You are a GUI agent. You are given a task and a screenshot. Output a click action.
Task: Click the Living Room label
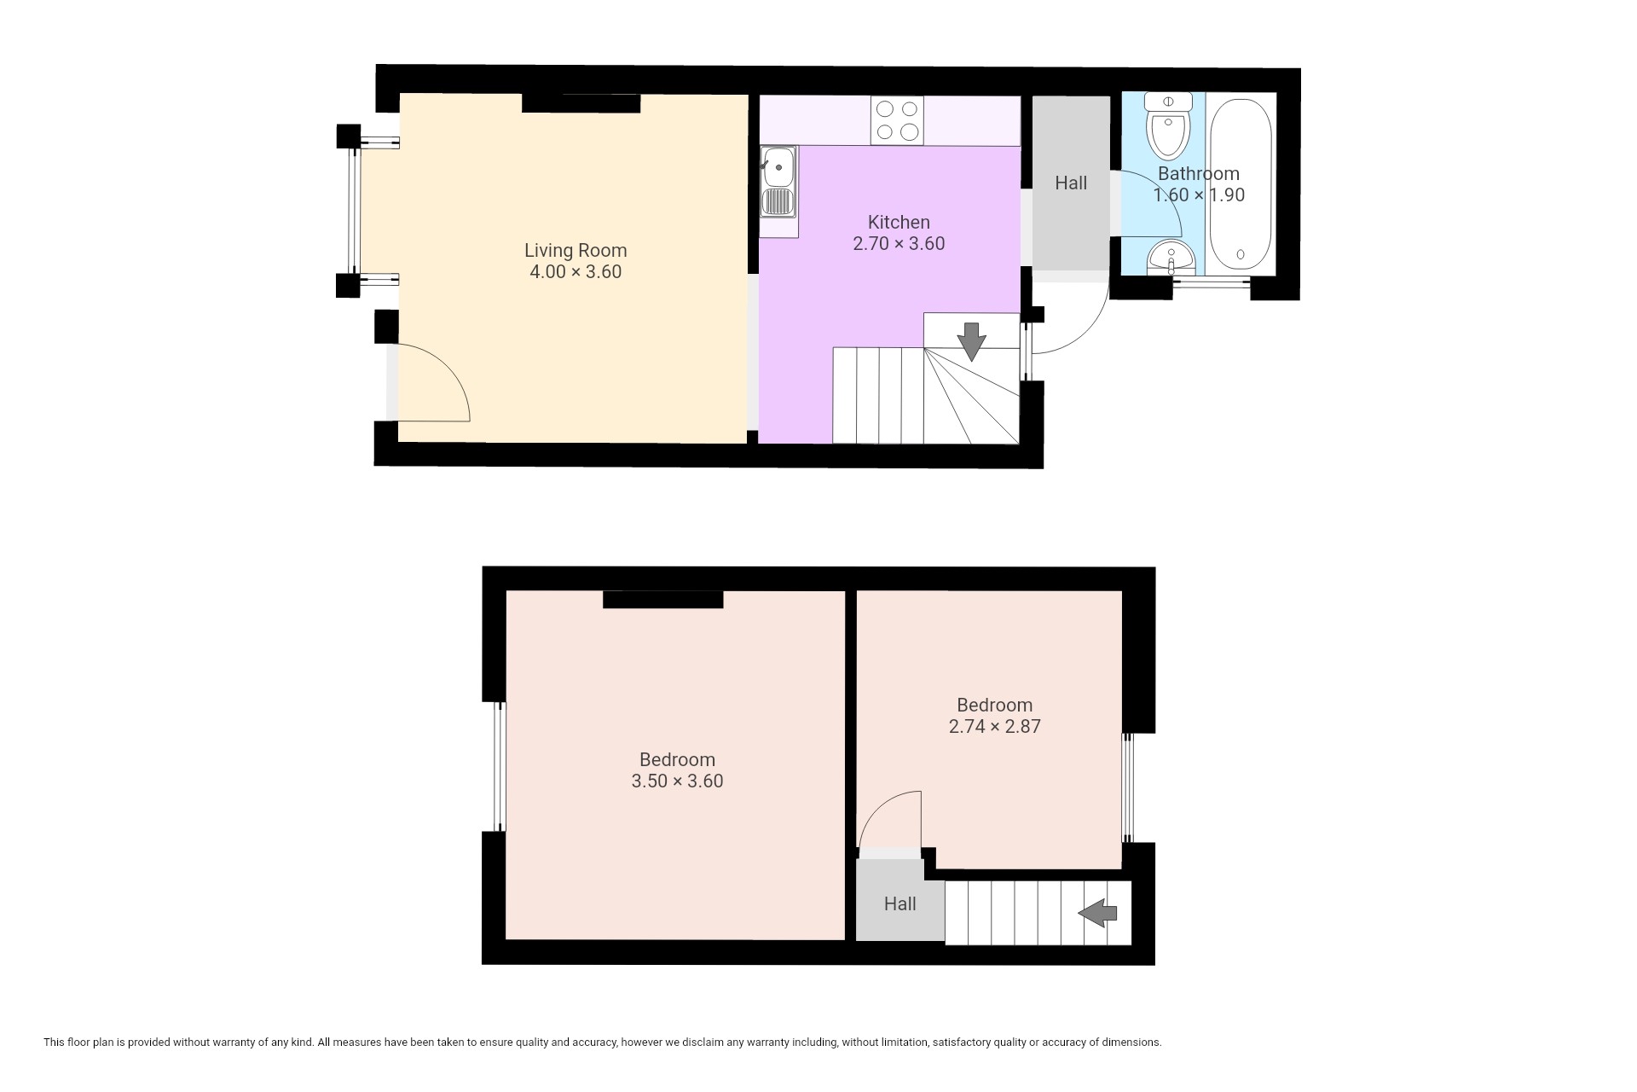(576, 251)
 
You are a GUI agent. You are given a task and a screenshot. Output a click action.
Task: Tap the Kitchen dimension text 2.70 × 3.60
(899, 244)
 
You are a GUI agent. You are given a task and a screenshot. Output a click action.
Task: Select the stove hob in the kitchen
(897, 120)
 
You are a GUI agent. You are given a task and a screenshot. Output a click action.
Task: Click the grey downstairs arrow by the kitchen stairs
(971, 341)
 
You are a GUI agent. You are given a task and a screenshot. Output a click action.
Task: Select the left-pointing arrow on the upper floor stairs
(1098, 913)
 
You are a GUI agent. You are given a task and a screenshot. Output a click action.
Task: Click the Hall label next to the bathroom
(1071, 183)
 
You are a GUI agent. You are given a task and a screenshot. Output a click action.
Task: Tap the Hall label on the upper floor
(900, 904)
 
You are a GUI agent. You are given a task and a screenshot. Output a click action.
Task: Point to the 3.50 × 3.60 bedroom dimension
(677, 781)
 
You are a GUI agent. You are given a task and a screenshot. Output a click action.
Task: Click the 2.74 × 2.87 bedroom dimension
(995, 727)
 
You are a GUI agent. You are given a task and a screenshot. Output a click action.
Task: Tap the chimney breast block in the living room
(581, 103)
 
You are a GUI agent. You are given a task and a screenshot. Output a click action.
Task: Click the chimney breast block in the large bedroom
(663, 600)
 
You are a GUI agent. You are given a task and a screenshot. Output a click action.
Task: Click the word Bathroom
(1199, 174)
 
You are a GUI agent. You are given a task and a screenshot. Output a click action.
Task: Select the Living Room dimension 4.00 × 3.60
(576, 272)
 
